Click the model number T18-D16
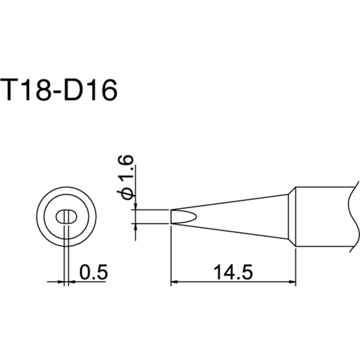click(x=60, y=91)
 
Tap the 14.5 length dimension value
click(x=232, y=272)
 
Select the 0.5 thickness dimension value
click(x=92, y=272)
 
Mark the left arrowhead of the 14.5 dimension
click(x=174, y=283)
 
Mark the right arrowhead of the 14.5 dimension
click(x=292, y=283)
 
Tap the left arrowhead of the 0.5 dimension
click(x=62, y=283)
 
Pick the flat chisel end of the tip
click(x=171, y=217)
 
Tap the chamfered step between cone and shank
click(x=291, y=217)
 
